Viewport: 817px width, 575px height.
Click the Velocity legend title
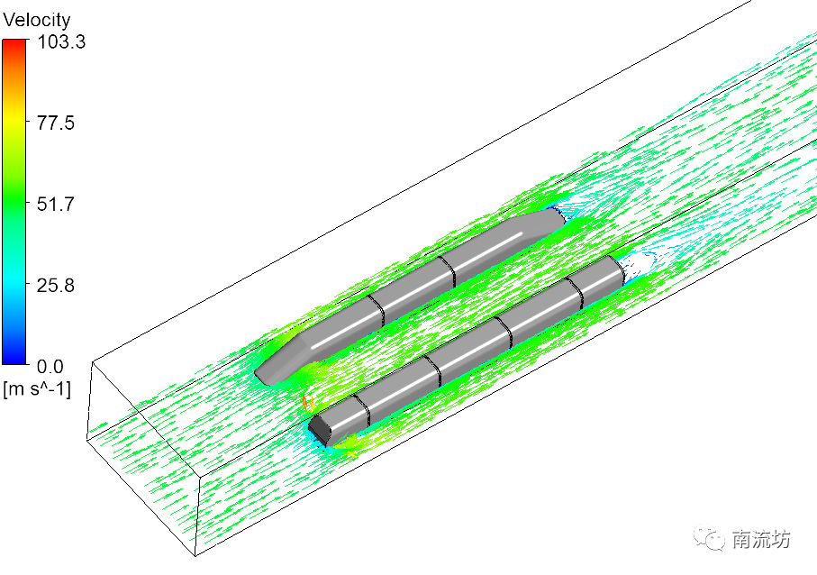(36, 20)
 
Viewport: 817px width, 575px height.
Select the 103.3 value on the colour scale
(61, 41)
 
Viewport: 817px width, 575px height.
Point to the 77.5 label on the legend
(56, 123)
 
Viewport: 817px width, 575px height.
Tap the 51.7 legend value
(56, 204)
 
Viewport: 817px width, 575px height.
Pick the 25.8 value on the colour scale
(56, 285)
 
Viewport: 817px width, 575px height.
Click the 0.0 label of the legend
(50, 367)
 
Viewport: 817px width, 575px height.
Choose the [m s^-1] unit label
(36, 389)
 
